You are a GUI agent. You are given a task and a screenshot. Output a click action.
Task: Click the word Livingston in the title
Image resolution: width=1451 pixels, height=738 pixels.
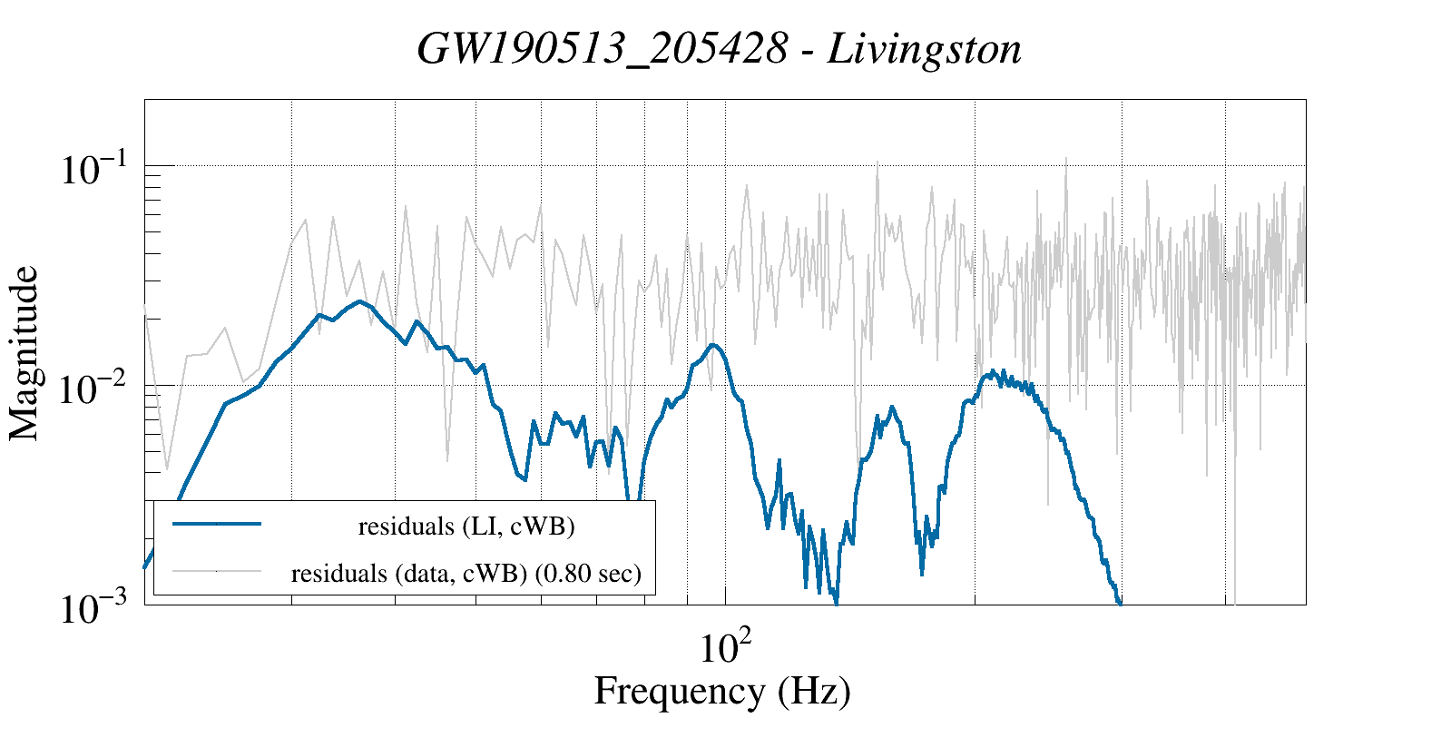924,50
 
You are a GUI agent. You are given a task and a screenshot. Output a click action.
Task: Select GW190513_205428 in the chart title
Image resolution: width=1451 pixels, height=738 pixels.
602,50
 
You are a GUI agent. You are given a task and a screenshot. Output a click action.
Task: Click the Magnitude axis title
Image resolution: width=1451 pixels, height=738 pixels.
25,353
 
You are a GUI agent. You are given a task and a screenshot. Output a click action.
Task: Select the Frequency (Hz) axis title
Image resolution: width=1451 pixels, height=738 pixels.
722,692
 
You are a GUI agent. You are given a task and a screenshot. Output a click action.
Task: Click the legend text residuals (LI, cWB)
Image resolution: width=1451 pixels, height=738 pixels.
466,526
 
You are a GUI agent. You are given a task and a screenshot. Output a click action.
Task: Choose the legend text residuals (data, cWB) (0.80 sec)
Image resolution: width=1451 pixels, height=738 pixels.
466,574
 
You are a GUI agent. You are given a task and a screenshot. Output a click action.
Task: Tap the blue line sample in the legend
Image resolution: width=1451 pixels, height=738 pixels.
217,524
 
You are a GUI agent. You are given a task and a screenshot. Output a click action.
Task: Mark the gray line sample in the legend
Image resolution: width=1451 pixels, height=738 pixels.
217,571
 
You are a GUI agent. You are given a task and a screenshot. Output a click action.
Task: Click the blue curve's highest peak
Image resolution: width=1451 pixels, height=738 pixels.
360,301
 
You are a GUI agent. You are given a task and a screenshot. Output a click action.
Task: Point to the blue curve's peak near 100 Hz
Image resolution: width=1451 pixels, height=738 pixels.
713,345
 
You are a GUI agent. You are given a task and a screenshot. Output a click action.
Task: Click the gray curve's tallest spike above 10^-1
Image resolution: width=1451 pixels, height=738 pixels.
1065,160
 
